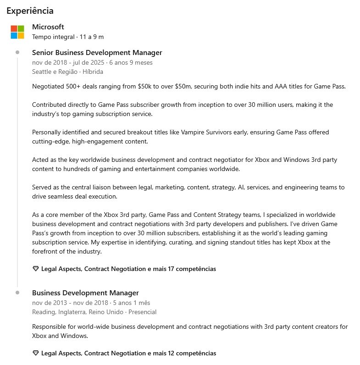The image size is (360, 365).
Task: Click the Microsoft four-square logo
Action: (17, 32)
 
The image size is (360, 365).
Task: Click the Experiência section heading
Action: (30, 11)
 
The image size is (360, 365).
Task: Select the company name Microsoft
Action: (48, 27)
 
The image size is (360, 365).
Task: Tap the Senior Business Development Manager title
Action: (97, 53)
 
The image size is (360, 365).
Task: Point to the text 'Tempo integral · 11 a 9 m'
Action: (68, 37)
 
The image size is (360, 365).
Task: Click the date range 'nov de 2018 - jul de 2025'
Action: (68, 62)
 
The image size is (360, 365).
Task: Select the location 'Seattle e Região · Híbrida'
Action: (67, 72)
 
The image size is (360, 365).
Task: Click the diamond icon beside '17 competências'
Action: (36, 269)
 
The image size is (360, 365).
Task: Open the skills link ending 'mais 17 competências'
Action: (128, 269)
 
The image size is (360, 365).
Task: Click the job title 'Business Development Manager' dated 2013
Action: (85, 293)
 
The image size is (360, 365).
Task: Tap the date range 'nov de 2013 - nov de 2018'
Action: (70, 303)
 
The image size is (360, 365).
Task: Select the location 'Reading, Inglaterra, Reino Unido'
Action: (78, 312)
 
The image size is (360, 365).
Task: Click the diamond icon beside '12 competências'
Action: (36, 353)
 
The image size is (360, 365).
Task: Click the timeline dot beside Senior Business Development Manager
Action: (17, 52)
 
